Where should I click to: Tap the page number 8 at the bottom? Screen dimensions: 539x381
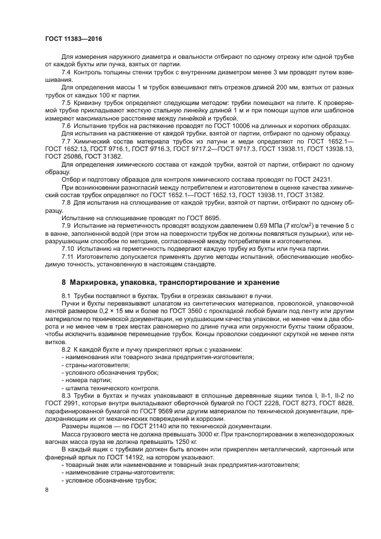[47, 489]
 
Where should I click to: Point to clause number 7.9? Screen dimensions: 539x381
[66, 224]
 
